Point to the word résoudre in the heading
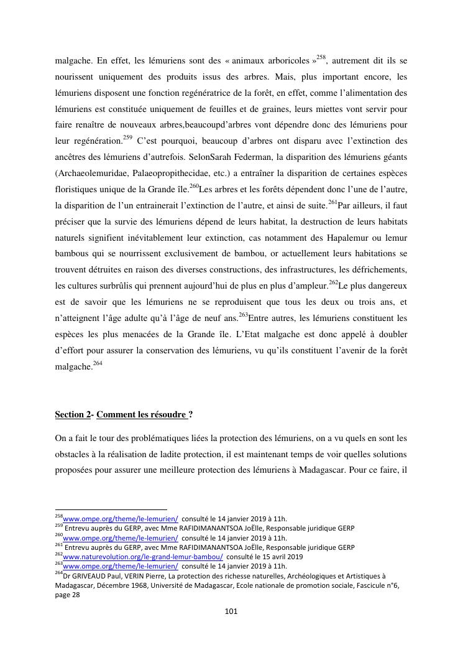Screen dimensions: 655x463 [x=165, y=415]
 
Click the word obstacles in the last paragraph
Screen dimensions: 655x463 [x=76, y=454]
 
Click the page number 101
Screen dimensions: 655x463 [x=231, y=611]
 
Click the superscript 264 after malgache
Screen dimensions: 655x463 [x=97, y=363]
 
